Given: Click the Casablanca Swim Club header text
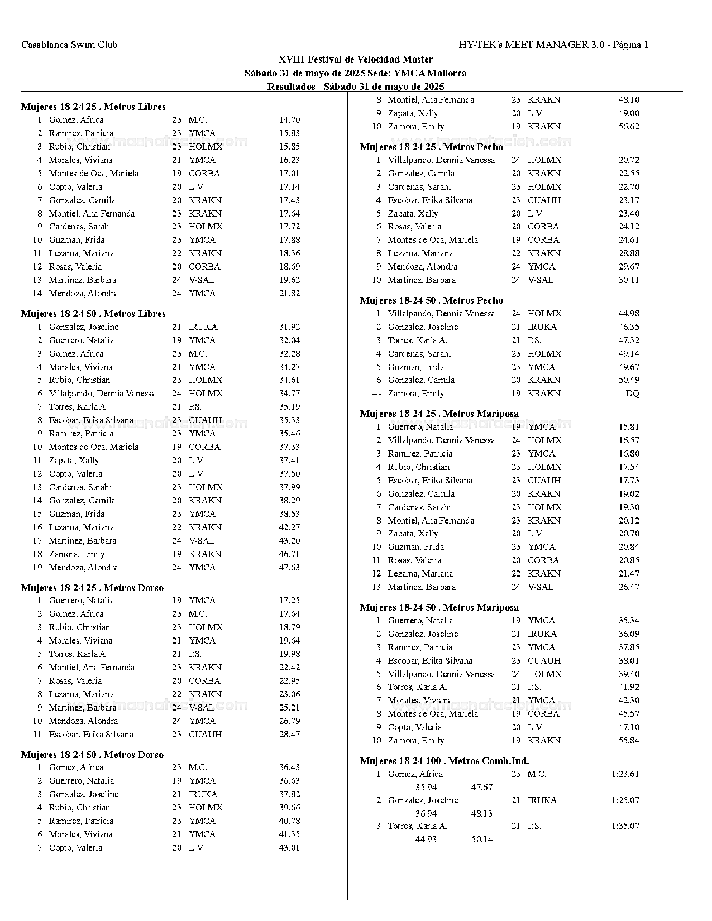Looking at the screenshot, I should [69, 45].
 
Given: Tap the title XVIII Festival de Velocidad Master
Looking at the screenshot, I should [356, 59].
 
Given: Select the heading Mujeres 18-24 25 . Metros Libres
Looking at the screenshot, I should [93, 107].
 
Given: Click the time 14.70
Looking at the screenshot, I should [289, 120].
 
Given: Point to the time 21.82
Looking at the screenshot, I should [289, 294].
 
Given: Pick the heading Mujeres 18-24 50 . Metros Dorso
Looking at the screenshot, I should [92, 755].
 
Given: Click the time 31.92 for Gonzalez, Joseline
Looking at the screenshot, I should [289, 327].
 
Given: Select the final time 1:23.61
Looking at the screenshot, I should [625, 774].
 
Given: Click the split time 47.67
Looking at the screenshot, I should [481, 788].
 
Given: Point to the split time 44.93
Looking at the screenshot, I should [426, 840].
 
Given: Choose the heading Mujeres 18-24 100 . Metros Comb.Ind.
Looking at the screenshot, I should [445, 761].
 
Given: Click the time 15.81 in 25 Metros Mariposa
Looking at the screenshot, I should [629, 427].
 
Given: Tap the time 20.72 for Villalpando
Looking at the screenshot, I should [629, 160].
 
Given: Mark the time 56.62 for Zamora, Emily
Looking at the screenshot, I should [629, 127].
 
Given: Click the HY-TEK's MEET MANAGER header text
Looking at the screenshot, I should [553, 45].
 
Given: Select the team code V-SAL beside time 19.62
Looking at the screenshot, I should [201, 280].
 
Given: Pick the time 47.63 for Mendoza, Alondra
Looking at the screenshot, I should [289, 568].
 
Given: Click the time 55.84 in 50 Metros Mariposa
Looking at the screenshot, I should [629, 741].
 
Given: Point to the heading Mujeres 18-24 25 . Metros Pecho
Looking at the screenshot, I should [432, 147].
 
